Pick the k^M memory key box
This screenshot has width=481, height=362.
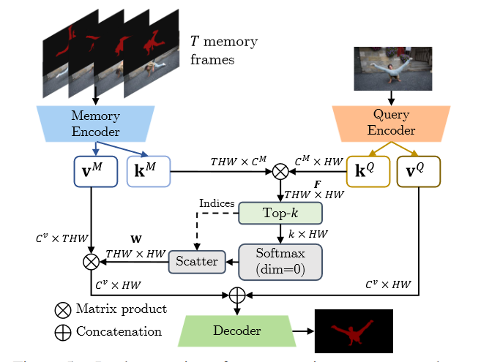(x=148, y=173)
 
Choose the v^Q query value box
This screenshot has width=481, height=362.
(x=419, y=173)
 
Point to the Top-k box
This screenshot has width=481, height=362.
(x=281, y=214)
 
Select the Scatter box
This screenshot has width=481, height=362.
(x=197, y=261)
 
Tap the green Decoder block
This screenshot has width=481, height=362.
(x=236, y=331)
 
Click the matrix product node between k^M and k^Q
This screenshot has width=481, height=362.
(x=281, y=173)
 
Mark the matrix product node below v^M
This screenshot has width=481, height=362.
(x=92, y=260)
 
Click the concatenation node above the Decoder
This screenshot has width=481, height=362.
(x=236, y=295)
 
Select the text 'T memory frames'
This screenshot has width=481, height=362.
(x=223, y=50)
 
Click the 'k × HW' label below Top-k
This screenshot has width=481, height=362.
(x=308, y=234)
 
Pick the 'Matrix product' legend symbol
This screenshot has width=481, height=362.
(x=63, y=309)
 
